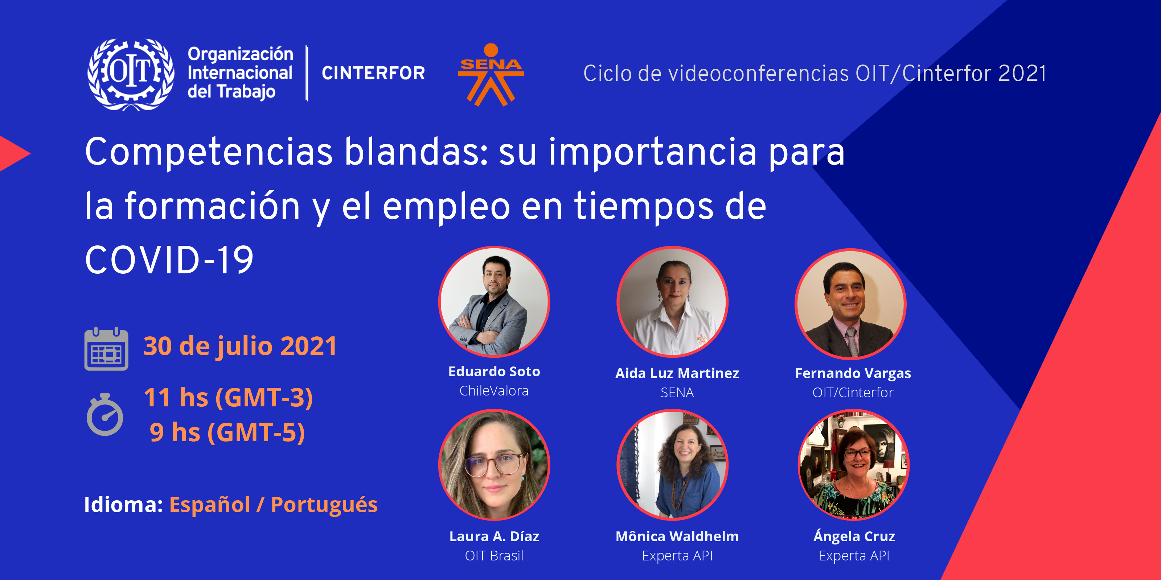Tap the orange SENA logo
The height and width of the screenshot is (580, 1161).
(x=491, y=75)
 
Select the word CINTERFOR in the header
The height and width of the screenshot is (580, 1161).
(x=373, y=73)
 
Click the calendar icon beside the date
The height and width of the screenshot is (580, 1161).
(x=106, y=349)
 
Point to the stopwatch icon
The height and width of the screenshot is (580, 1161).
(x=104, y=414)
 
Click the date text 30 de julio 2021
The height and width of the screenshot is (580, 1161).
(x=240, y=346)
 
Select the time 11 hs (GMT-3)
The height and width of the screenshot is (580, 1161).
(x=228, y=398)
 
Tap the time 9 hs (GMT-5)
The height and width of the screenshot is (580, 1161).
(x=227, y=432)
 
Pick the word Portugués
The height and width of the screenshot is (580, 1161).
(x=324, y=505)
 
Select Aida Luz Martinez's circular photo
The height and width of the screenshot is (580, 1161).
(x=672, y=302)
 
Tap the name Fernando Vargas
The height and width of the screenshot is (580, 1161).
(x=853, y=373)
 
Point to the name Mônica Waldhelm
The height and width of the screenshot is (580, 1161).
(x=677, y=536)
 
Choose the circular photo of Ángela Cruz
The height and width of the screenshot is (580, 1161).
(x=853, y=465)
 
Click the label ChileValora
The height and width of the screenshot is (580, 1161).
(x=494, y=391)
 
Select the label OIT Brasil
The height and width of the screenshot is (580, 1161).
(x=494, y=556)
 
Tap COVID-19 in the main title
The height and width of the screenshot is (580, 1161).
(x=169, y=260)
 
